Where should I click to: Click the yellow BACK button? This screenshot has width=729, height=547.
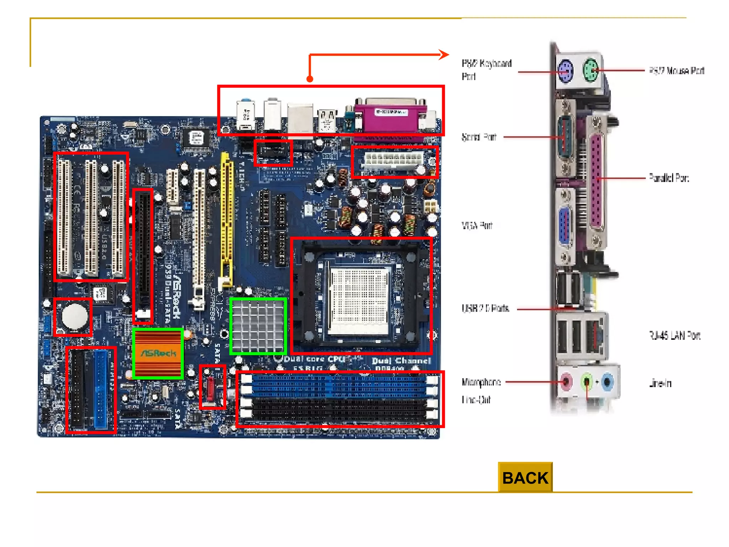pyautogui.click(x=525, y=478)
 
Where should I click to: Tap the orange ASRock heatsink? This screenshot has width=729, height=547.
pyautogui.click(x=158, y=353)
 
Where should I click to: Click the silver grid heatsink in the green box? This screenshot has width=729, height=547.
pyautogui.click(x=258, y=326)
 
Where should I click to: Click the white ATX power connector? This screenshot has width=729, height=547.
pyautogui.click(x=393, y=161)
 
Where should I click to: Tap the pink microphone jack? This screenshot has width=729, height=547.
pyautogui.click(x=566, y=382)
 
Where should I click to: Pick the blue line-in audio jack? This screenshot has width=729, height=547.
pyautogui.click(x=607, y=382)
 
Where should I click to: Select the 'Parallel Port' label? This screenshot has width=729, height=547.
pyautogui.click(x=668, y=178)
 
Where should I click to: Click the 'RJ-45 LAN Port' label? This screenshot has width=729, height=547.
pyautogui.click(x=674, y=335)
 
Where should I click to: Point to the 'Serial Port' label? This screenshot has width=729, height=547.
pyautogui.click(x=479, y=137)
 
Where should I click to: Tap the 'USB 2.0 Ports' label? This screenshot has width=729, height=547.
pyautogui.click(x=485, y=308)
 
